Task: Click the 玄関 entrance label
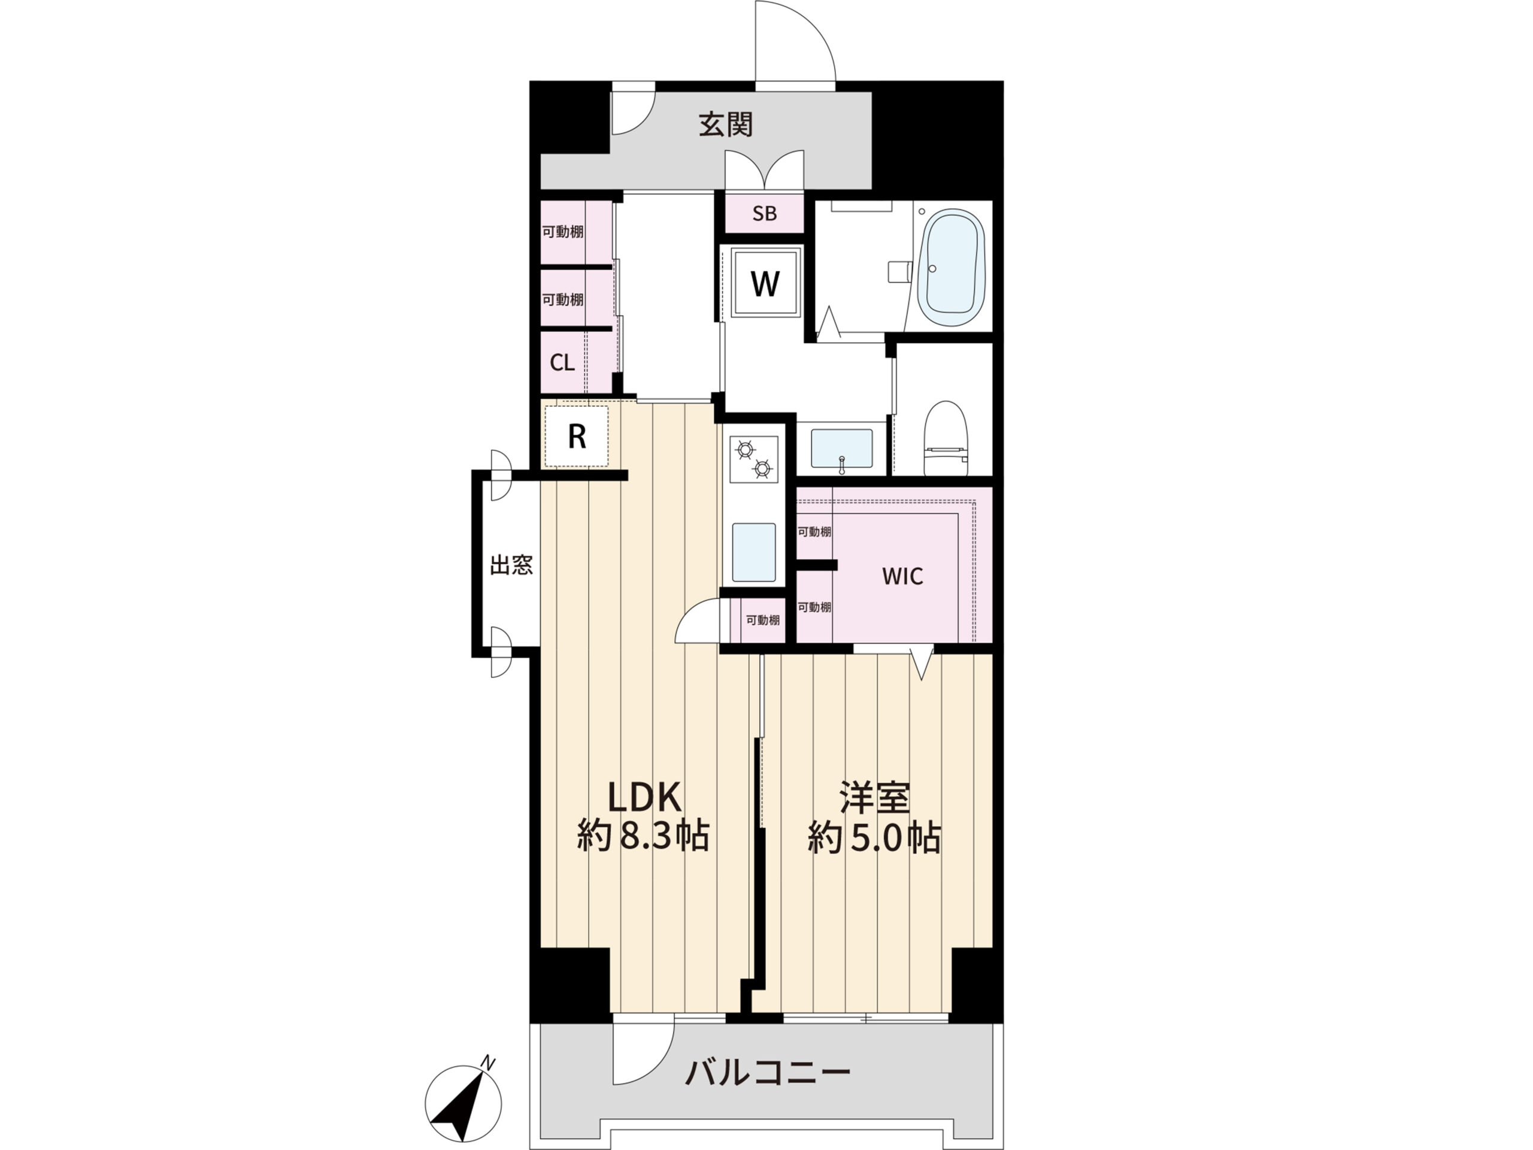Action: (725, 125)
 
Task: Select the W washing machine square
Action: (765, 283)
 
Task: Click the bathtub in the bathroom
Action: (951, 268)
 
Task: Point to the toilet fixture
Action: (946, 440)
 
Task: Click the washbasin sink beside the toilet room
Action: (841, 449)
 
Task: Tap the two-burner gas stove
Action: (754, 459)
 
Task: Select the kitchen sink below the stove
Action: (753, 552)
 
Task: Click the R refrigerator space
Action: (577, 437)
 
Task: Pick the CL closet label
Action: (562, 362)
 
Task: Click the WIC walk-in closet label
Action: (902, 576)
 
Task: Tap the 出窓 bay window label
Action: (511, 565)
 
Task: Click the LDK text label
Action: (645, 798)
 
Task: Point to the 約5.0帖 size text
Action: (873, 839)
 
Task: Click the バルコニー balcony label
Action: (768, 1074)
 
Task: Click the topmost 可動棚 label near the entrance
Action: (562, 232)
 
